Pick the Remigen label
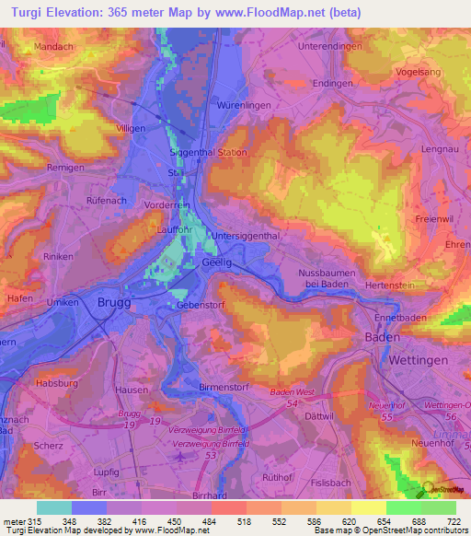[x=40, y=168]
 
